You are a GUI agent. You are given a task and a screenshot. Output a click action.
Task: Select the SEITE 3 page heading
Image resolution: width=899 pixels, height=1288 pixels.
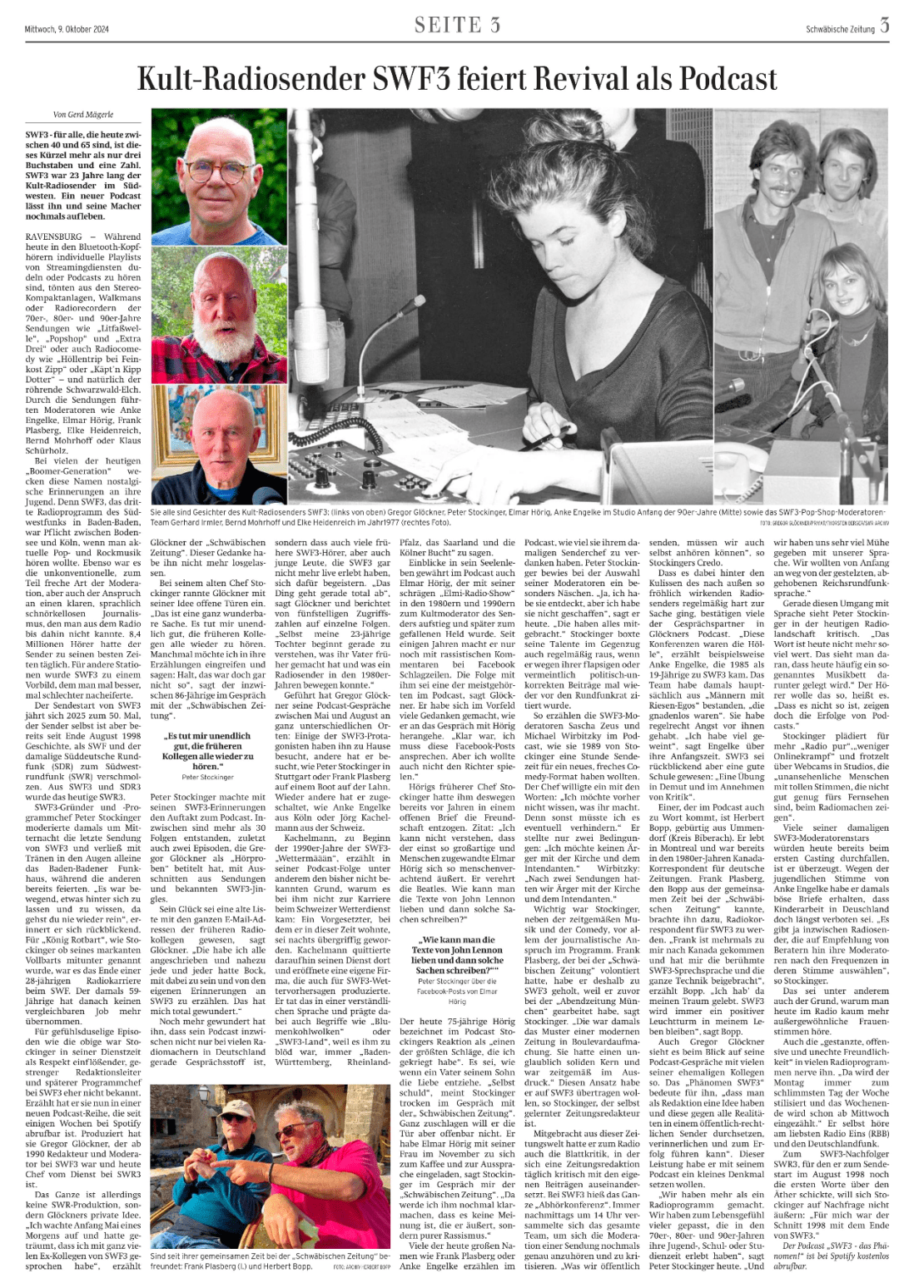tap(457, 26)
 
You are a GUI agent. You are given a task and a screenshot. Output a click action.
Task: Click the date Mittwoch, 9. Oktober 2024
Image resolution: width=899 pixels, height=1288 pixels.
tap(67, 29)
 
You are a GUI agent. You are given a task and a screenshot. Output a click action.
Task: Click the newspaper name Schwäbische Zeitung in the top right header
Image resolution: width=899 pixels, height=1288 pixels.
tap(840, 29)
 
